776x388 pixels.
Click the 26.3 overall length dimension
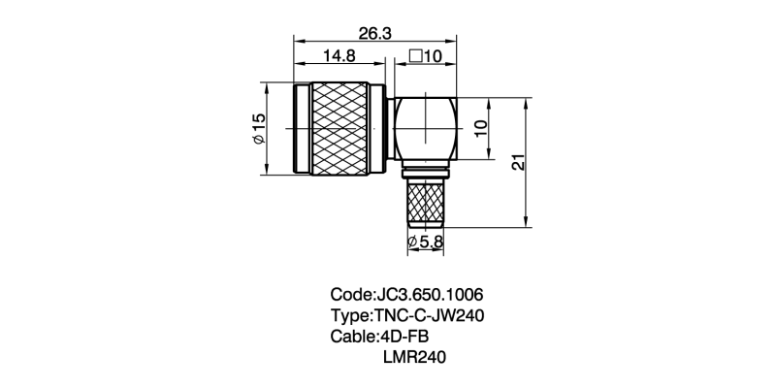pos(375,34)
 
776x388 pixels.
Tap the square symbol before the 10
pos(416,56)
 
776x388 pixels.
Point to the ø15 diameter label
pos(259,128)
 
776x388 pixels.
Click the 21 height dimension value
pos(518,162)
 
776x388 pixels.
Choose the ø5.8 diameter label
pos(425,242)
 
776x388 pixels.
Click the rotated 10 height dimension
pos(480,129)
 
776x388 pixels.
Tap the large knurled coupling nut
pos(339,128)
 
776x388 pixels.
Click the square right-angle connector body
pos(425,129)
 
